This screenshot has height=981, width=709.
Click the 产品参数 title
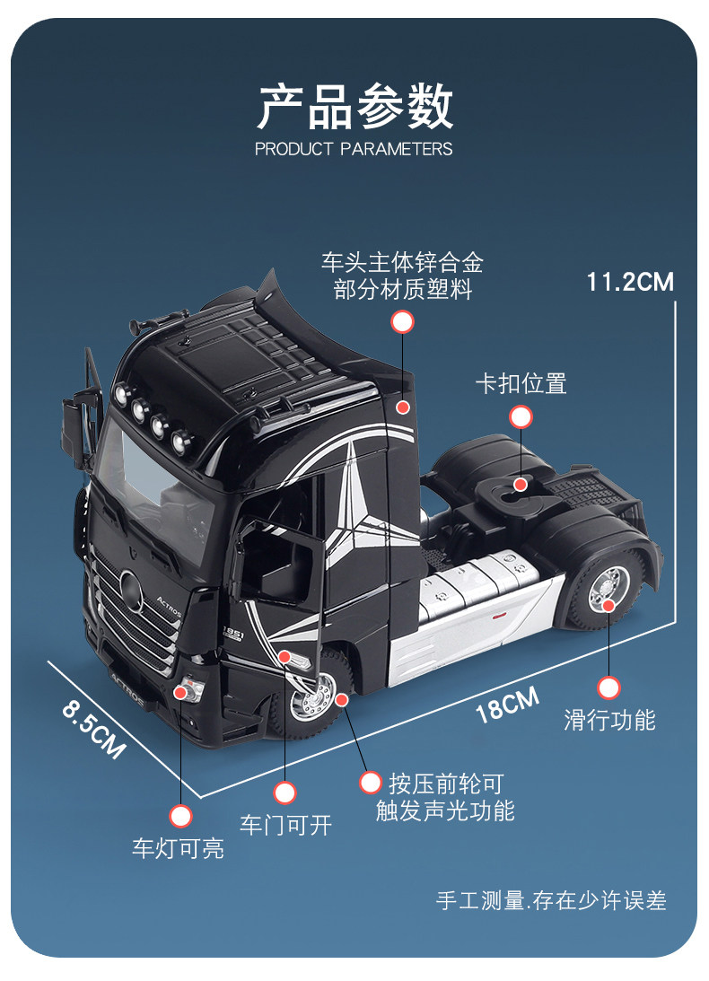click(x=354, y=107)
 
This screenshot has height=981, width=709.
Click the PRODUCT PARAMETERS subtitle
click(x=354, y=149)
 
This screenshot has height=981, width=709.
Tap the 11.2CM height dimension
click(x=629, y=282)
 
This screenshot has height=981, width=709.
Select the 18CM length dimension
click(x=507, y=704)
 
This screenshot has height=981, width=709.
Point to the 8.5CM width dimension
click(x=94, y=729)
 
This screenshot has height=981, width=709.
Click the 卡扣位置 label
click(x=521, y=383)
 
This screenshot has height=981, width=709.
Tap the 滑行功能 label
click(x=609, y=720)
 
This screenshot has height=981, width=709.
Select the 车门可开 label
click(x=285, y=825)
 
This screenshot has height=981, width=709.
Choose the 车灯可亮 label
click(x=178, y=848)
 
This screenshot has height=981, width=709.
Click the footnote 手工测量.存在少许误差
click(x=551, y=900)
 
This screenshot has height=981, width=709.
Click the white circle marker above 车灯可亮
click(x=181, y=816)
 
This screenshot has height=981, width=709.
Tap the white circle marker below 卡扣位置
click(x=521, y=416)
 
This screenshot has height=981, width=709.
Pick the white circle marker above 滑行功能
click(x=608, y=688)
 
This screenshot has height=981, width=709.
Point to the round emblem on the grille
click(x=131, y=591)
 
